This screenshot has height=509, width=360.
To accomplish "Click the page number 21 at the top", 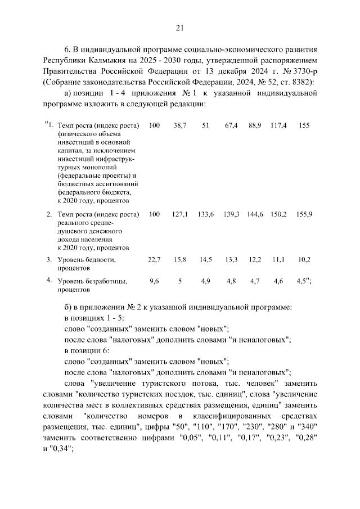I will tap(179, 28).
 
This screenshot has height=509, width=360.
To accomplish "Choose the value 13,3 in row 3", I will tap(231, 259).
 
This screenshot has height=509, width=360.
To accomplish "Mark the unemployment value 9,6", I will tap(154, 281).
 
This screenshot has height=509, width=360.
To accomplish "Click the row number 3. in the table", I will tap(49, 259).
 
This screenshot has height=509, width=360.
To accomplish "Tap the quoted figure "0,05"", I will tap(190, 438).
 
